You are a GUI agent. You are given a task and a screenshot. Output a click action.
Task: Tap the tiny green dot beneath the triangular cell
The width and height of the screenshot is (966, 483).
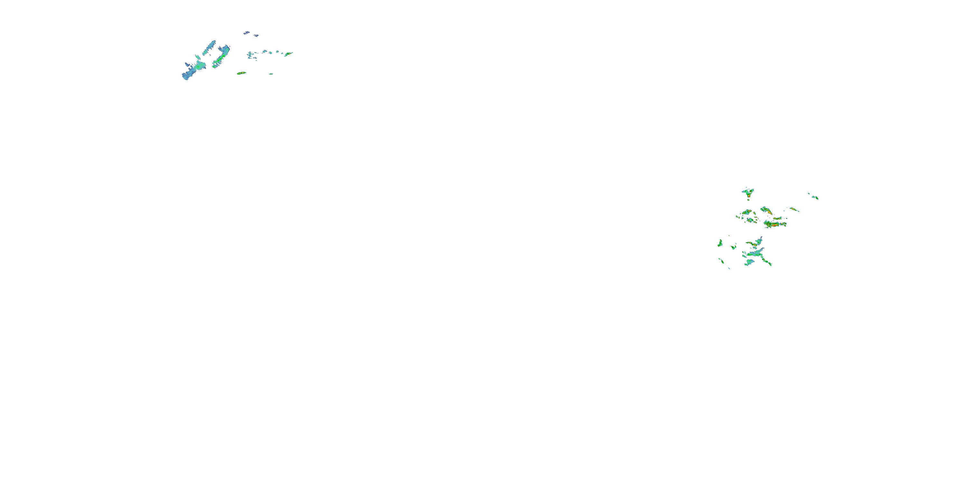(x=749, y=200)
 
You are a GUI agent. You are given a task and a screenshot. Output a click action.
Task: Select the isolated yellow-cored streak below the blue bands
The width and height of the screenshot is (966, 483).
(x=241, y=73)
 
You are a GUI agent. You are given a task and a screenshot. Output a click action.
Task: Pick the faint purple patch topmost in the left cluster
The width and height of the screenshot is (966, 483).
(x=246, y=33)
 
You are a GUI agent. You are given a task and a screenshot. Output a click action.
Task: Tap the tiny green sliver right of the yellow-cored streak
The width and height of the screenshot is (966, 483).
(x=271, y=74)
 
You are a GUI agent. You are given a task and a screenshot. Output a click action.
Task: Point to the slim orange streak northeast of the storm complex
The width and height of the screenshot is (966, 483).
(x=794, y=209)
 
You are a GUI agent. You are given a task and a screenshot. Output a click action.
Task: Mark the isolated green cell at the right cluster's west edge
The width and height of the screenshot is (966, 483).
(x=720, y=243)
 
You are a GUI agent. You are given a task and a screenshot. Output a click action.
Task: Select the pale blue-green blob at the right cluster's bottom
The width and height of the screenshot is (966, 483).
(x=749, y=262)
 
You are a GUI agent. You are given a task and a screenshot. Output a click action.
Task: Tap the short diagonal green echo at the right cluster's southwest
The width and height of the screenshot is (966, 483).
(x=721, y=260)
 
